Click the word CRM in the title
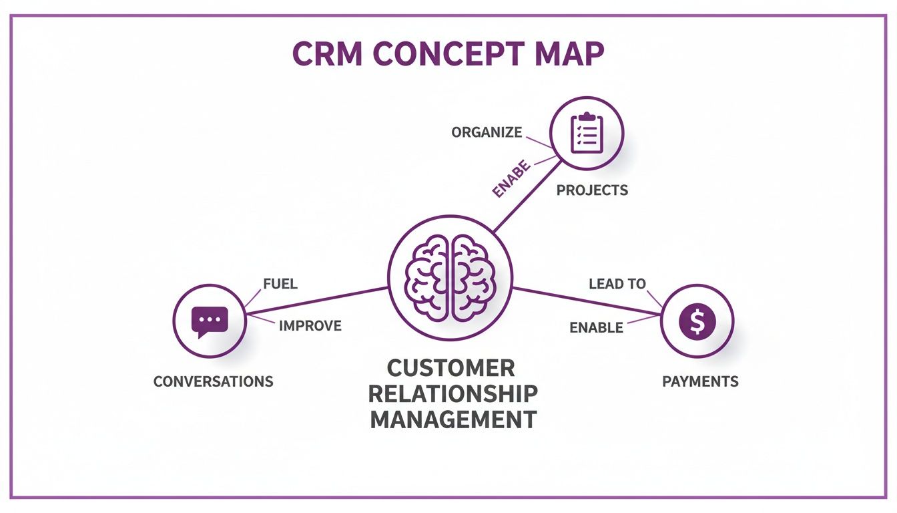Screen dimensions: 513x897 click(x=328, y=53)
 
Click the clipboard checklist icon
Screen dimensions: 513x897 click(x=587, y=132)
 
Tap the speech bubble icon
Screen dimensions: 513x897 click(x=210, y=322)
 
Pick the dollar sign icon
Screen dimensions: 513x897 click(x=697, y=322)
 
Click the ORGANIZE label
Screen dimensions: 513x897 click(x=487, y=132)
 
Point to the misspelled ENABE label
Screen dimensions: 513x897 click(x=511, y=178)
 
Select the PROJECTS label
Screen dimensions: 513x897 click(x=592, y=190)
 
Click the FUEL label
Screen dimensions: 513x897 click(x=280, y=284)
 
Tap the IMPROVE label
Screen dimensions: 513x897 click(x=310, y=326)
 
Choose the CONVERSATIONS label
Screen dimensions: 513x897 click(x=214, y=381)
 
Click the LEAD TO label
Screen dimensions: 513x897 click(x=617, y=284)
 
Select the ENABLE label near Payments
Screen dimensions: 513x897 click(x=596, y=327)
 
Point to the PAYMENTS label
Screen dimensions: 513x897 click(x=700, y=381)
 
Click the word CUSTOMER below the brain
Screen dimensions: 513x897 click(x=451, y=368)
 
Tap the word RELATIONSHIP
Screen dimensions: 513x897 click(x=453, y=393)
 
